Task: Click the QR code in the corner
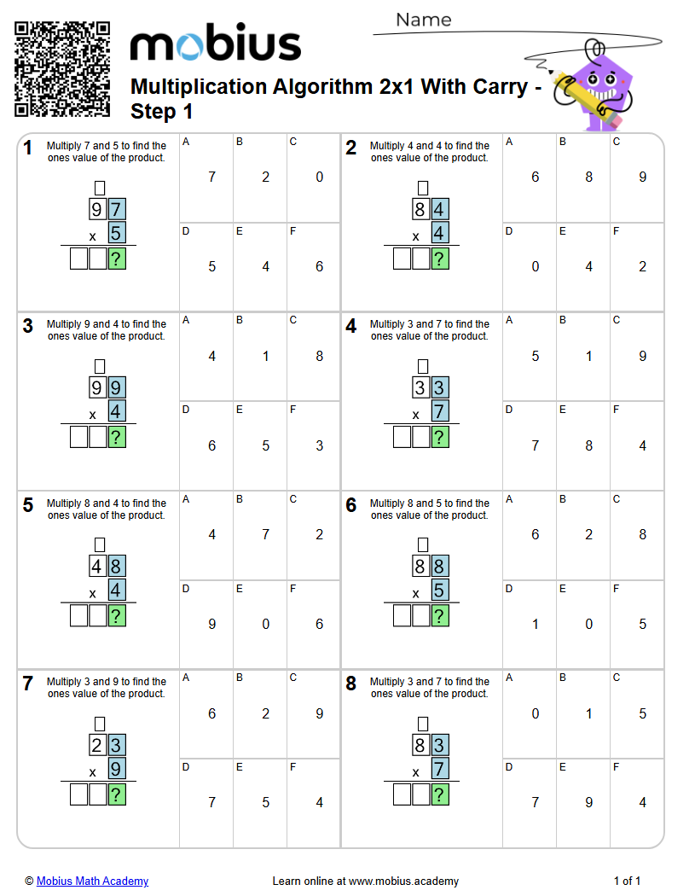pyautogui.click(x=62, y=68)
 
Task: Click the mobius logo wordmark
pyautogui.click(x=215, y=44)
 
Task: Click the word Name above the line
pyautogui.click(x=424, y=20)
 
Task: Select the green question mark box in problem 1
pyautogui.click(x=118, y=259)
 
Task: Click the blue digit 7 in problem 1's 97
pyautogui.click(x=118, y=209)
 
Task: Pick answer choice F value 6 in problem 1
pyautogui.click(x=319, y=266)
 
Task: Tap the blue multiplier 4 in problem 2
pyautogui.click(x=441, y=233)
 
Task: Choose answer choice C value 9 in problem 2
pyautogui.click(x=642, y=177)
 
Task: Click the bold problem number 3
pyautogui.click(x=28, y=326)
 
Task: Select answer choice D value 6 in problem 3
pyautogui.click(x=212, y=445)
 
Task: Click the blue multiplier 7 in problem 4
pyautogui.click(x=441, y=411)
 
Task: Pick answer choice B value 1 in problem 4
pyautogui.click(x=588, y=356)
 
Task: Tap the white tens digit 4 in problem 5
pyautogui.click(x=99, y=567)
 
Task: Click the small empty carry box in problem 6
pyautogui.click(x=423, y=544)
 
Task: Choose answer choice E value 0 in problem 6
pyautogui.click(x=588, y=624)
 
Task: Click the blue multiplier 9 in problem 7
pyautogui.click(x=118, y=769)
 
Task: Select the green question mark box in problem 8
pyautogui.click(x=441, y=795)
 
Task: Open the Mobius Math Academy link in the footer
pyautogui.click(x=92, y=881)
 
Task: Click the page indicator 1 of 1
pyautogui.click(x=627, y=881)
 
